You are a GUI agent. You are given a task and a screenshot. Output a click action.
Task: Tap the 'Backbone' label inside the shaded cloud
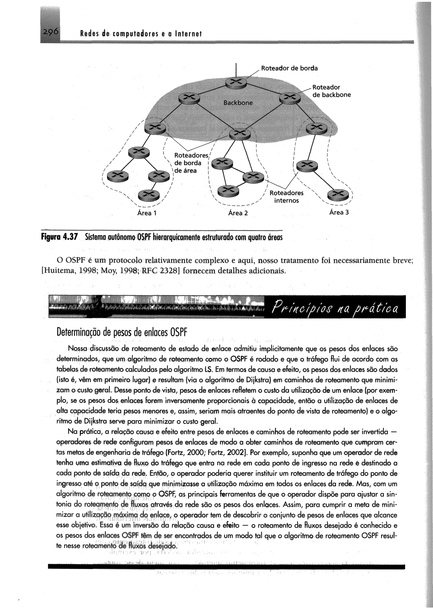tap(238, 103)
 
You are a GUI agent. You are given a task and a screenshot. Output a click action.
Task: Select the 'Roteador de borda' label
tap(289, 68)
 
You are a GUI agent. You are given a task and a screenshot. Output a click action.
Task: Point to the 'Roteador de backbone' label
tap(332, 91)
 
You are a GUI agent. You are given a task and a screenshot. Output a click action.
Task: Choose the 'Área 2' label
tap(238, 213)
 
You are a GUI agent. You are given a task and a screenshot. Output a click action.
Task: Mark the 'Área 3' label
tap(339, 213)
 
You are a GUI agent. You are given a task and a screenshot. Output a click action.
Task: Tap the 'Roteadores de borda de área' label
tap(188, 163)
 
